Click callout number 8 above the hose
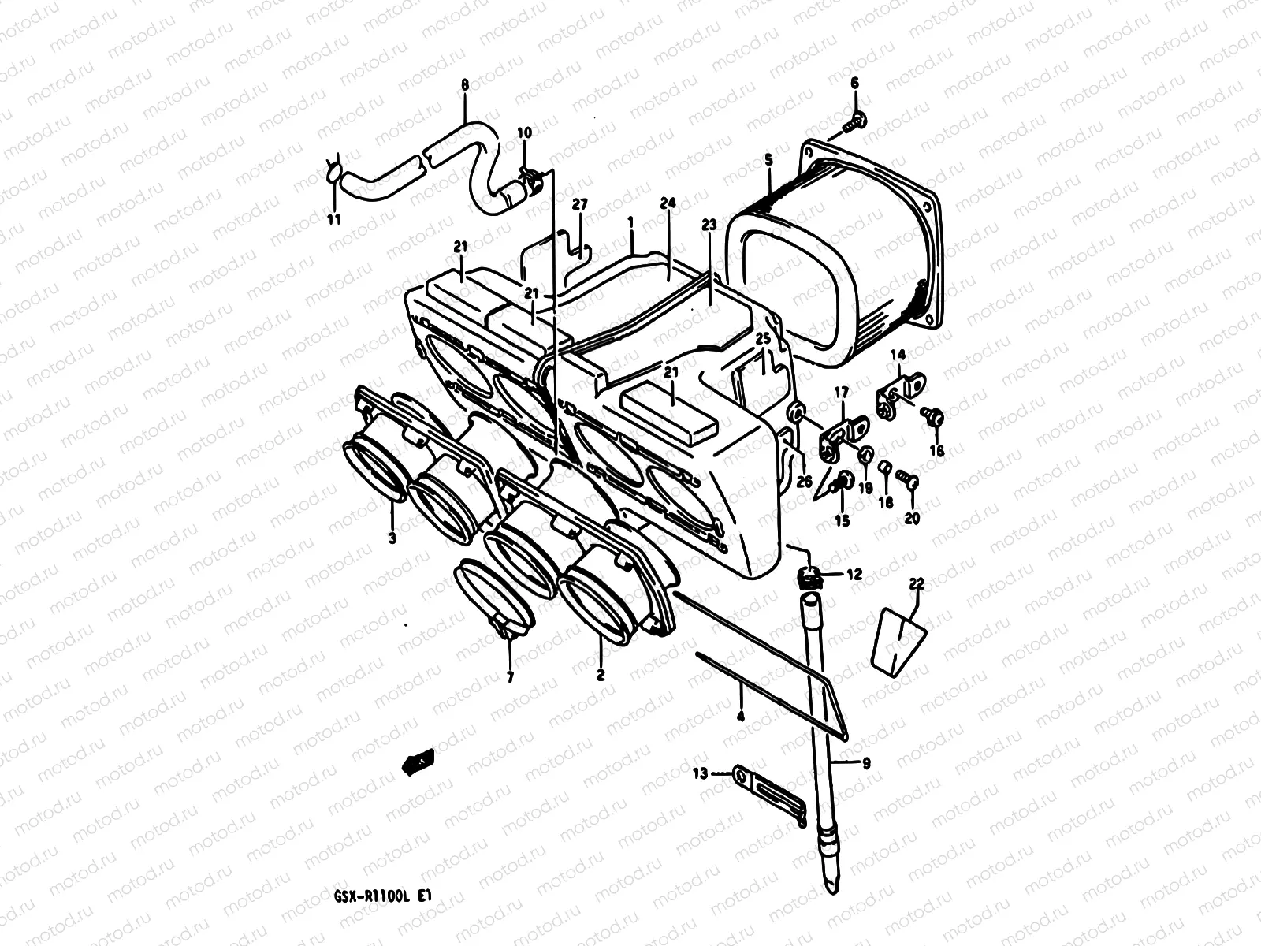point(464,84)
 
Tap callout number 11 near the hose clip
point(334,219)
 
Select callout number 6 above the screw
point(854,83)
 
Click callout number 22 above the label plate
point(916,583)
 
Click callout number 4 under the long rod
point(741,717)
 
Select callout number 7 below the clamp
point(510,676)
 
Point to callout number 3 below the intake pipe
point(392,539)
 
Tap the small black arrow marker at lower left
point(418,760)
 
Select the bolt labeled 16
point(934,414)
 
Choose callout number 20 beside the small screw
point(913,519)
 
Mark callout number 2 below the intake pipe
point(601,675)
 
